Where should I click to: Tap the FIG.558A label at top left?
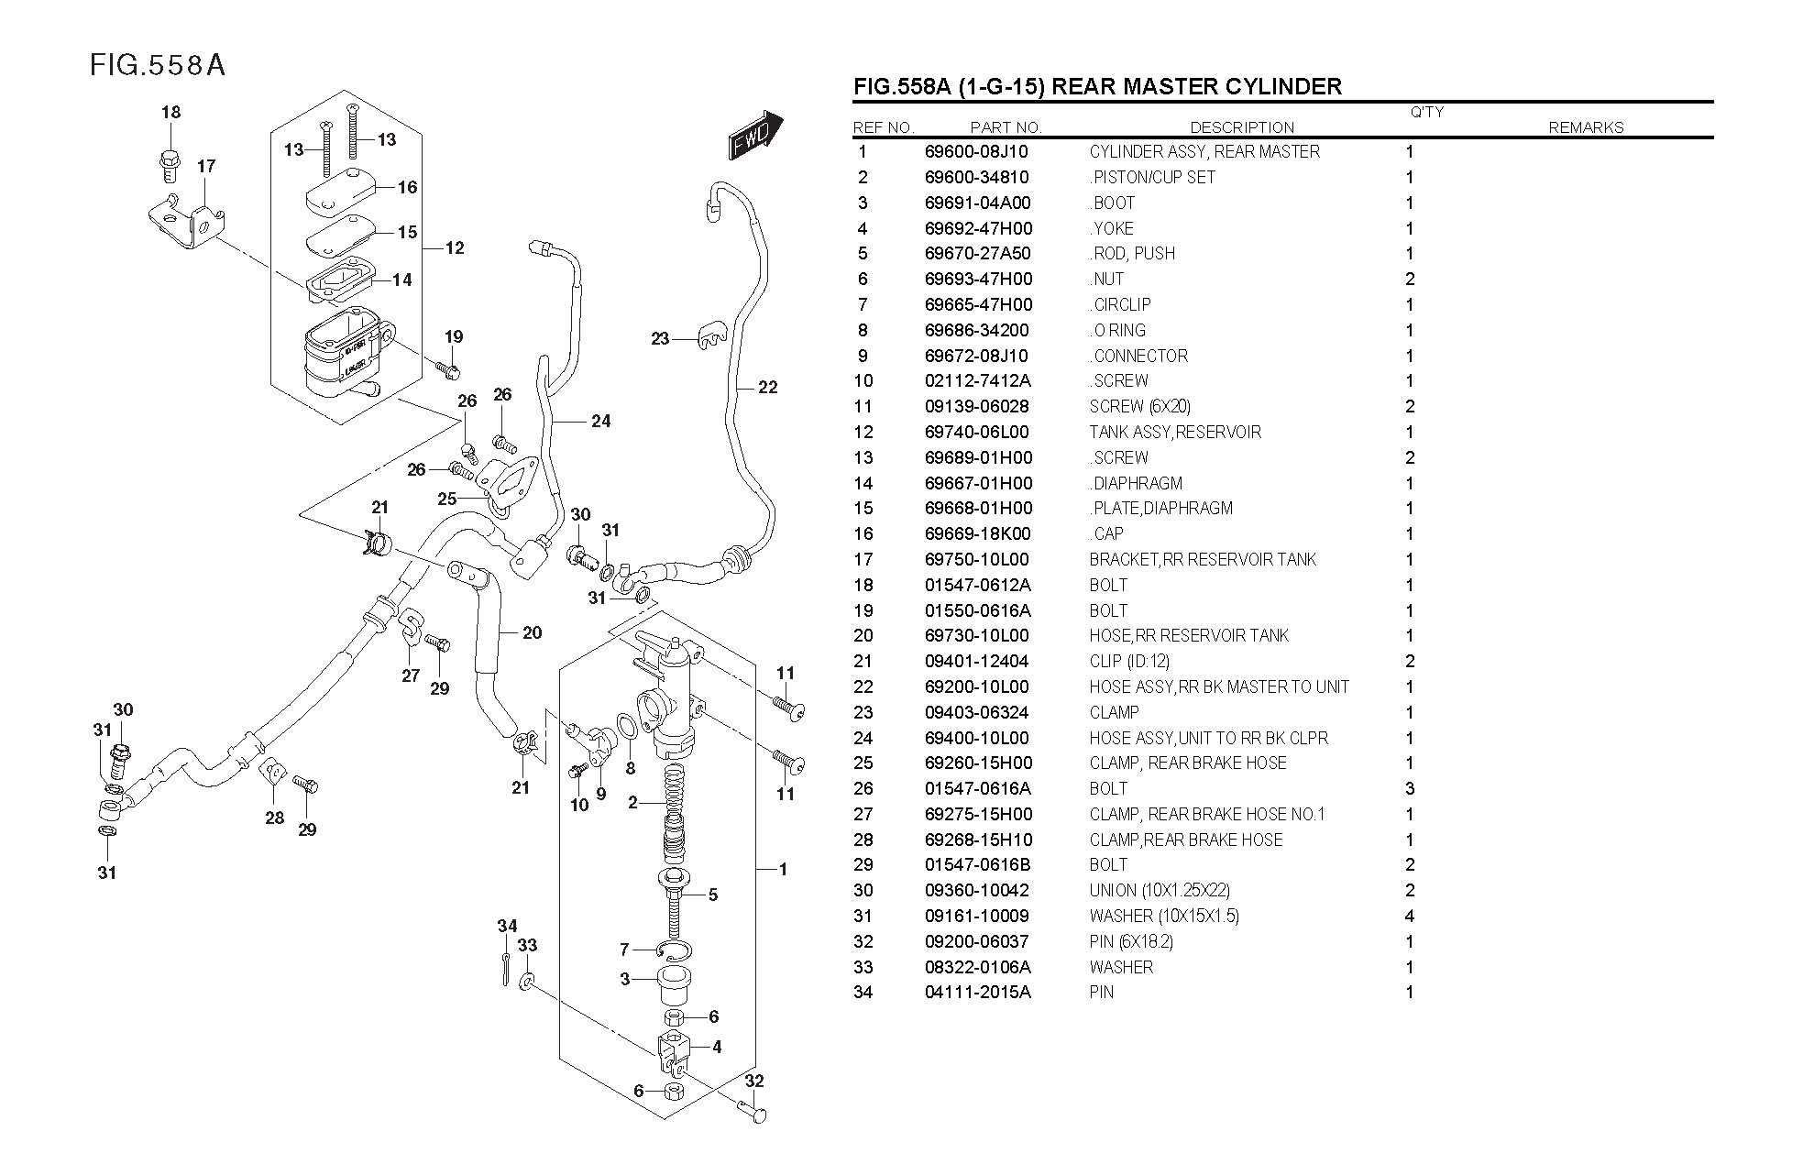click(x=157, y=65)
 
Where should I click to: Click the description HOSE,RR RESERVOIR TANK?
click(x=1189, y=636)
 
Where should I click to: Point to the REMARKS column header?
click(x=1586, y=127)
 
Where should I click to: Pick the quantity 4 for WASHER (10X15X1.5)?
click(x=1410, y=916)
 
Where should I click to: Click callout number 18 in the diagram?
click(x=171, y=113)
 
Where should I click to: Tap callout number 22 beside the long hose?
click(x=767, y=388)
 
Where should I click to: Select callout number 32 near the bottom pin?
click(x=753, y=1082)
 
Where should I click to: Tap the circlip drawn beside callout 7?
click(x=674, y=951)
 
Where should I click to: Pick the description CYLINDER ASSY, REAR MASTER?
click(x=1204, y=152)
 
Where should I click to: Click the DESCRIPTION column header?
click(x=1242, y=127)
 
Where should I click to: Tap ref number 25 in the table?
click(x=863, y=763)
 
